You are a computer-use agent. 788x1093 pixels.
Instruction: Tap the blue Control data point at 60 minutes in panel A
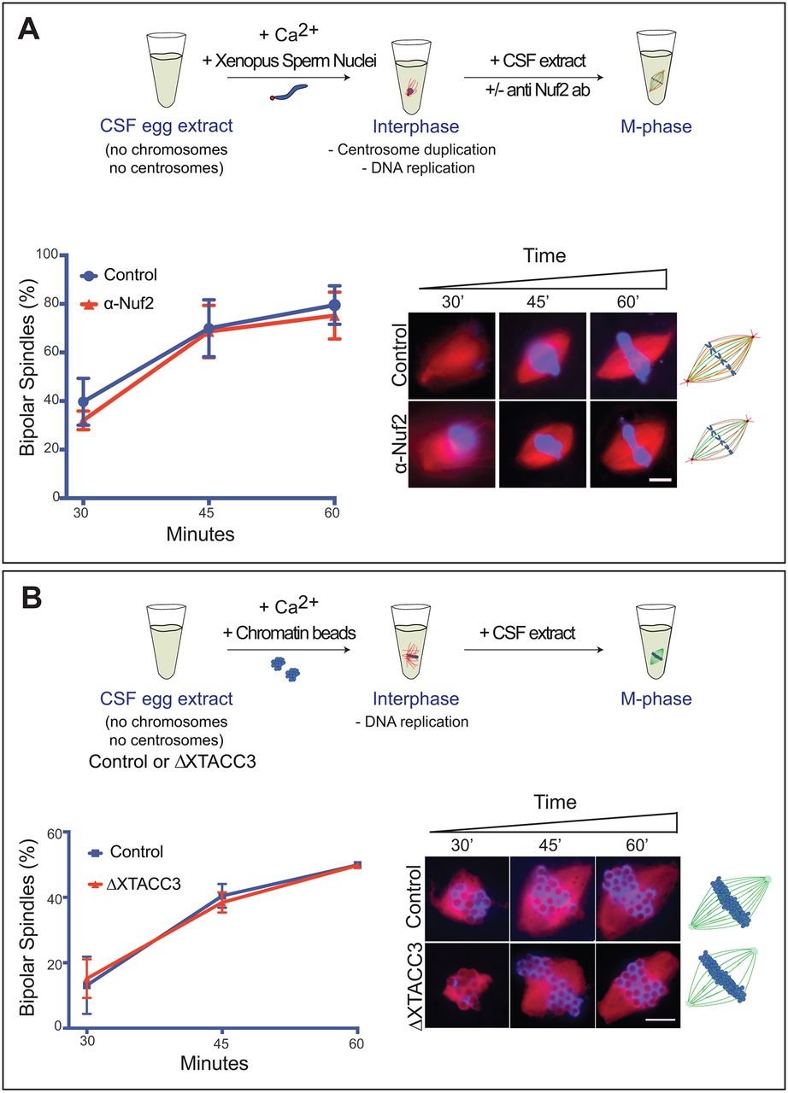point(335,305)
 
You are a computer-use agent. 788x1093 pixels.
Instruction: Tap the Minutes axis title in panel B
point(214,1064)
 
